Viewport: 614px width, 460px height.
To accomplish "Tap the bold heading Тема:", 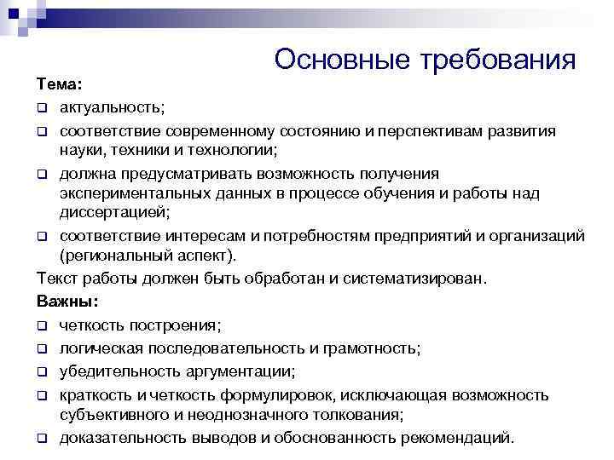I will [60, 86].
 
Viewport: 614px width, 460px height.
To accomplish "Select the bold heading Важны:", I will [67, 302].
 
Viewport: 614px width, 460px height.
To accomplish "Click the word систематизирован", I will [414, 279].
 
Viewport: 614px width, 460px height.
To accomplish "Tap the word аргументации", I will [237, 371].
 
